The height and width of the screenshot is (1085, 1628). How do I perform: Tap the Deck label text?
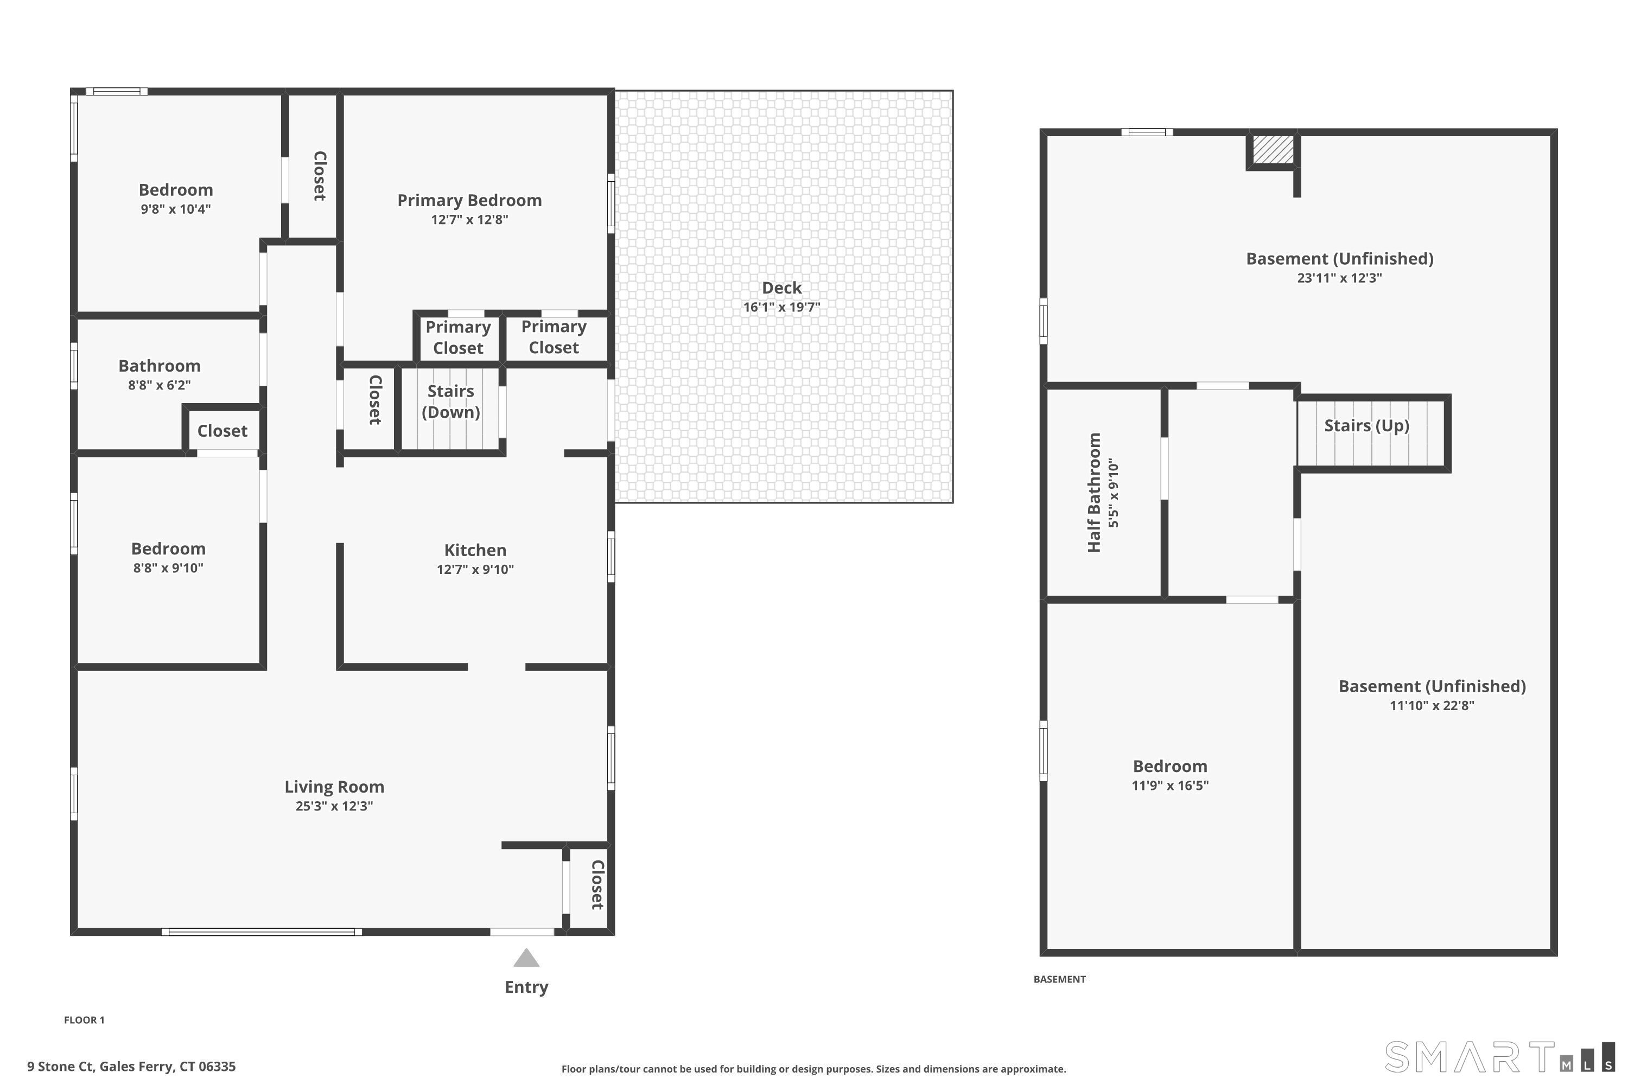[x=781, y=288]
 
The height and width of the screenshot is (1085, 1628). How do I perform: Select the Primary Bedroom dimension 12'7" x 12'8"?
[x=469, y=219]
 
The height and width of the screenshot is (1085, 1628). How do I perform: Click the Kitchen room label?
[x=475, y=550]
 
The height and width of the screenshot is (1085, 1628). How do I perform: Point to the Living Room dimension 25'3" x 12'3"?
[x=334, y=806]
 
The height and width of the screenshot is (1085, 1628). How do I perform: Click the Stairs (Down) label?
[x=450, y=401]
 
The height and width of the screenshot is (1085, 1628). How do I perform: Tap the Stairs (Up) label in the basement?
[x=1366, y=425]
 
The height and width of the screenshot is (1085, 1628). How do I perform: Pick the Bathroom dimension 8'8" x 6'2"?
[x=159, y=385]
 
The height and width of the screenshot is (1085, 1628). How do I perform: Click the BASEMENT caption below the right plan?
[x=1059, y=979]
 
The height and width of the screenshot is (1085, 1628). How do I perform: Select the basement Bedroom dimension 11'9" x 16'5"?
[x=1170, y=786]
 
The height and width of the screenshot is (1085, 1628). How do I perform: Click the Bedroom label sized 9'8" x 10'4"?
[x=176, y=189]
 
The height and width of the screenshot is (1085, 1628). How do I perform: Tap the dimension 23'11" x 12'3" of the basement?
[x=1339, y=277]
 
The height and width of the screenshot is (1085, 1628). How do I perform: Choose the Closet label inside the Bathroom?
[x=222, y=431]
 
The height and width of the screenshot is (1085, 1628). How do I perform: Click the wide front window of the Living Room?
[x=262, y=932]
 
